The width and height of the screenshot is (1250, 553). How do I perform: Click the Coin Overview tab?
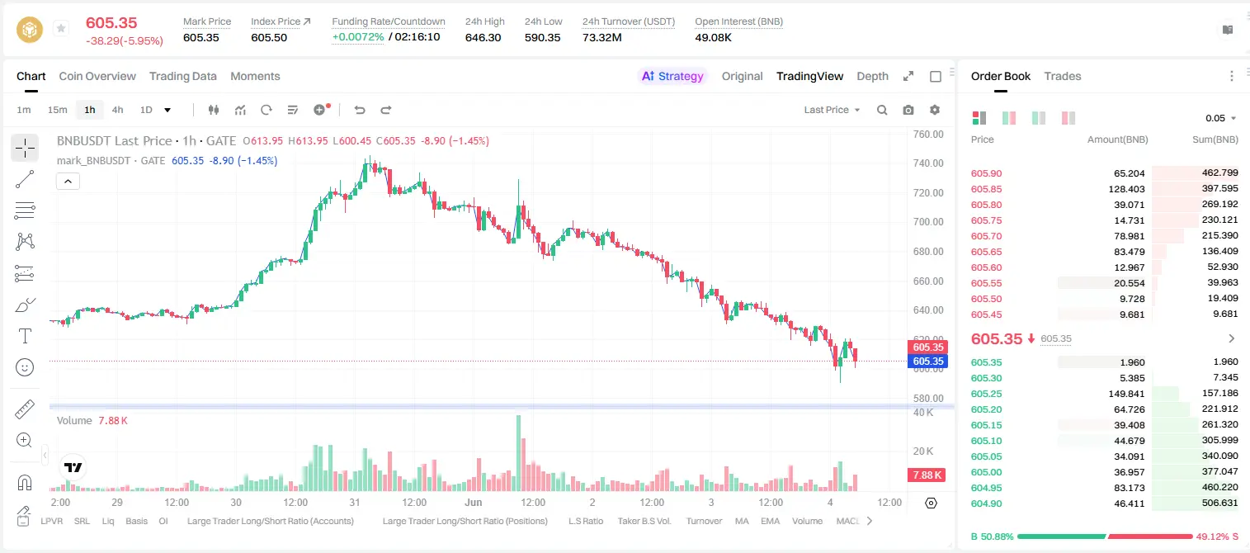(97, 76)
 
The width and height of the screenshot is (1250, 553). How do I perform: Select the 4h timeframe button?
(117, 110)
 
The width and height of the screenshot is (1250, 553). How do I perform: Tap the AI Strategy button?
(672, 76)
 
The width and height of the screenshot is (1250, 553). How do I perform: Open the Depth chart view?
(872, 76)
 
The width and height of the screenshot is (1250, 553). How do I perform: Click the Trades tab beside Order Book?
(1063, 76)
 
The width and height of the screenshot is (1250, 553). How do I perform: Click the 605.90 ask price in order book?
(986, 173)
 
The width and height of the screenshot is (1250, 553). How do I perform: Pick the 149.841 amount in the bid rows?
(1126, 394)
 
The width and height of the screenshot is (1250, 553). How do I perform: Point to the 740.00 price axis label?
(928, 163)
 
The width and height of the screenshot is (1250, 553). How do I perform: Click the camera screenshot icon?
(908, 110)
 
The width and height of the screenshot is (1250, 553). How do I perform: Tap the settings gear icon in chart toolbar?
(935, 110)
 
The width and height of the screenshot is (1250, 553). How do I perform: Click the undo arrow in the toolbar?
(360, 110)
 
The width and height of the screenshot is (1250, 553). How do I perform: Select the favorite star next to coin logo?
(61, 28)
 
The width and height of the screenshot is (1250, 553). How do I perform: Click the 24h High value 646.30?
(483, 37)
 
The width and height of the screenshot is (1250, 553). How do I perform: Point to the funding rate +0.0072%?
(358, 37)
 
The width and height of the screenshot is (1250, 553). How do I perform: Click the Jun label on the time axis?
(474, 502)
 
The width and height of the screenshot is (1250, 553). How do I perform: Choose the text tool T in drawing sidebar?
(25, 336)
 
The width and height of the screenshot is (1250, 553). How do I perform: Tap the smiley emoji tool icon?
(25, 367)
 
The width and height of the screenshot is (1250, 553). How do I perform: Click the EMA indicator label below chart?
(770, 521)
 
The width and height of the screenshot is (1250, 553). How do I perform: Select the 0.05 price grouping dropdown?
(1221, 118)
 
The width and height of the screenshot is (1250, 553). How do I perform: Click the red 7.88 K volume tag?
(927, 475)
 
